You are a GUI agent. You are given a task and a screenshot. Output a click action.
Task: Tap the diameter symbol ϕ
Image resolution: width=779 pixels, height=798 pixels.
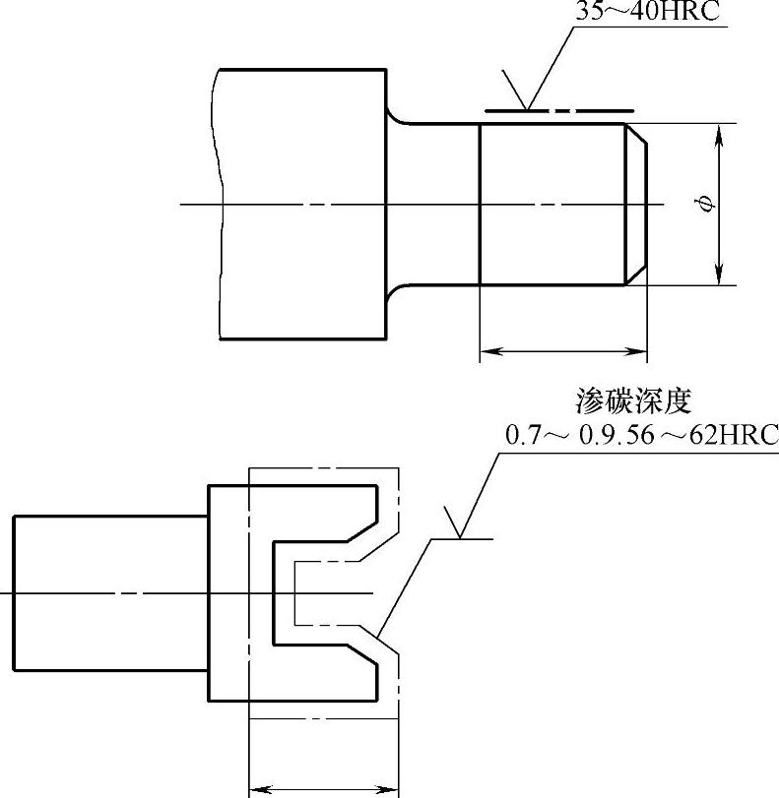(703, 204)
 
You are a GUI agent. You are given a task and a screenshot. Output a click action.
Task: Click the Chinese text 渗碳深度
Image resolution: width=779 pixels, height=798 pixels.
(634, 401)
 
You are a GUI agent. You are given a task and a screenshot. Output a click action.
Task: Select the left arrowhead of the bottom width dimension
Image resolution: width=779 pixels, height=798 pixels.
(258, 787)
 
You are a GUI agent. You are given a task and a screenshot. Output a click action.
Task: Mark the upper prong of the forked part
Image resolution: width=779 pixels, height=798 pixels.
(325, 512)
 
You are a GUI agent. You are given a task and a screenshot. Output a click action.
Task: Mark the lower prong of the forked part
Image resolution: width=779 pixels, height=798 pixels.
(325, 673)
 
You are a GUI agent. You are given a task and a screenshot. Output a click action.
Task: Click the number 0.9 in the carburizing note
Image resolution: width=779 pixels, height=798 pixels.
(597, 434)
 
